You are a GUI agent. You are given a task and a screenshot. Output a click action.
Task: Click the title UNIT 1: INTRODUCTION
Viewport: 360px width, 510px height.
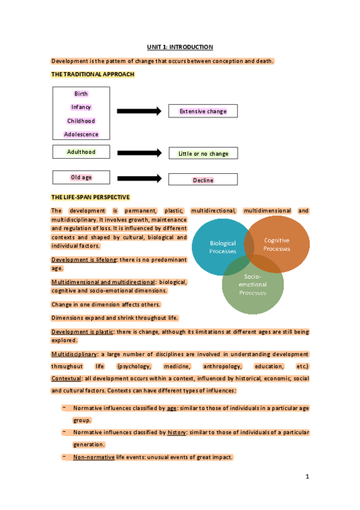(180, 47)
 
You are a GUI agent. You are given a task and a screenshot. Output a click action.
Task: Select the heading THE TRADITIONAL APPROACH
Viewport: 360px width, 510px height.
(93, 75)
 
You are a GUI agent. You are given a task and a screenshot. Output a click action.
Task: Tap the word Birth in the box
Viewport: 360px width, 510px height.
(81, 94)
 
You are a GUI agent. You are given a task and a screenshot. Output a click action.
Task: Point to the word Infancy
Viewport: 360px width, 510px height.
(81, 107)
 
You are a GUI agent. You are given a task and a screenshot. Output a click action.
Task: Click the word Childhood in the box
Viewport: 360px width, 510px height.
(81, 121)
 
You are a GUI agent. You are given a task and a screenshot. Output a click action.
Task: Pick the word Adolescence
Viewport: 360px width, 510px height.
(81, 134)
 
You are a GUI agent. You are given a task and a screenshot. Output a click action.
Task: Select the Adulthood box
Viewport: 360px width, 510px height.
(81, 152)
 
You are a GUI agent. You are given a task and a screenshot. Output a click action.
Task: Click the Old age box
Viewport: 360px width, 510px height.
(81, 177)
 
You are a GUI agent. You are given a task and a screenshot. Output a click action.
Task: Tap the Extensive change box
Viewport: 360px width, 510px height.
(203, 111)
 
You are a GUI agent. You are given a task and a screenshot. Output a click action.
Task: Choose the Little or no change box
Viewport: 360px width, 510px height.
(203, 154)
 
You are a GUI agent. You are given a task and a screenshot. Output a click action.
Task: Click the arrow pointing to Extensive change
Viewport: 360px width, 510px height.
(139, 111)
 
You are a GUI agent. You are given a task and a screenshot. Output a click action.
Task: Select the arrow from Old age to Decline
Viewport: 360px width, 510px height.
(139, 179)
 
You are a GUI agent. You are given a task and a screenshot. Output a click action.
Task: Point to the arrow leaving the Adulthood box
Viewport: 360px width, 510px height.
(139, 153)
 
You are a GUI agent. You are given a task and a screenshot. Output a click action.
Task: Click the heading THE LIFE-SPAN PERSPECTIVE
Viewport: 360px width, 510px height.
(91, 197)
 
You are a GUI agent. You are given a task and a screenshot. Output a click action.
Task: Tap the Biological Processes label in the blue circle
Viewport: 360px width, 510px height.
(223, 247)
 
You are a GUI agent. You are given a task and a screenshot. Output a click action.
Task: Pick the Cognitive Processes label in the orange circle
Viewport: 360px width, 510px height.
(276, 244)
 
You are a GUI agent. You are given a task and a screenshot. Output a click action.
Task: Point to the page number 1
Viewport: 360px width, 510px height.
(307, 478)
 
